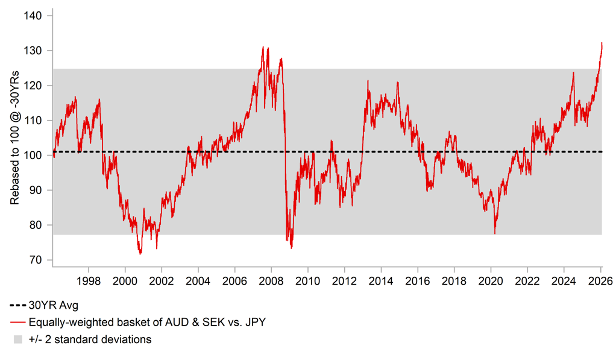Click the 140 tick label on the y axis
34,16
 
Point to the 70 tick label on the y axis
36,260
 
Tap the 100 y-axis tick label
34,156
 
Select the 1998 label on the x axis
89,280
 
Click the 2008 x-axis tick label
271,280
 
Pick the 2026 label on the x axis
601,280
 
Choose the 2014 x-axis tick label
381,280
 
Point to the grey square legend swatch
18,339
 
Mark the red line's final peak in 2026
602,43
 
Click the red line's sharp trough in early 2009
292,247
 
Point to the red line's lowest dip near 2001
140,254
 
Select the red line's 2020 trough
495,233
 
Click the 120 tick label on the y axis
34,86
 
